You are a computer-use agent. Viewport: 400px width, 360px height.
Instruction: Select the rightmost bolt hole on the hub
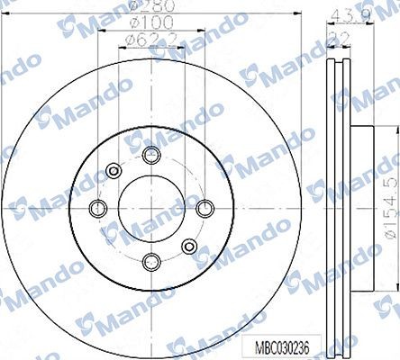click(203, 208)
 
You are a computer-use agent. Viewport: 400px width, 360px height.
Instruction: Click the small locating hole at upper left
click(113, 170)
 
